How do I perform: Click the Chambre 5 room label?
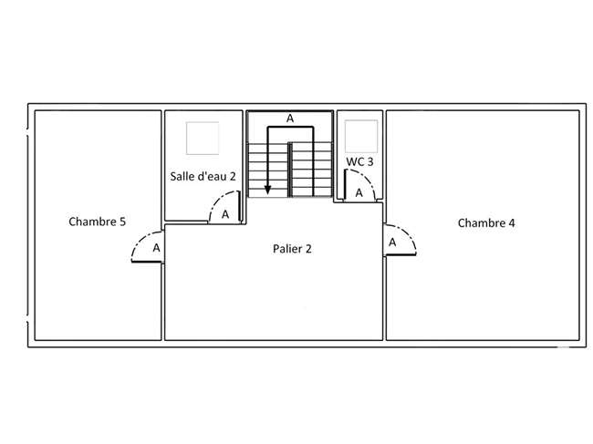tap(98, 222)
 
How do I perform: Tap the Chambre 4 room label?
tap(486, 223)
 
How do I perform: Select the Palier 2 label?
tap(292, 249)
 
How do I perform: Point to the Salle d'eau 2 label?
tap(203, 177)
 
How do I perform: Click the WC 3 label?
tap(359, 161)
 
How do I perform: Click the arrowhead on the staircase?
tap(267, 190)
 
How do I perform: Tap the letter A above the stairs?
tap(290, 119)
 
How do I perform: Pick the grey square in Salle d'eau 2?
tap(203, 138)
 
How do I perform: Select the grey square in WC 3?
tap(361, 136)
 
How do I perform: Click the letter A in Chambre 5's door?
tap(156, 248)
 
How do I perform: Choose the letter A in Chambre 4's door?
tap(392, 243)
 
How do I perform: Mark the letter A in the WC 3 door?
tap(359, 193)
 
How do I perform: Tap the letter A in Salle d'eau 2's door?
tap(225, 214)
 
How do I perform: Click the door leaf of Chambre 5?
tap(147, 262)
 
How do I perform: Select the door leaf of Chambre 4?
tap(401, 255)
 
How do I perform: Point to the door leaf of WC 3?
tap(345, 185)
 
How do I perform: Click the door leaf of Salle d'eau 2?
tap(239, 206)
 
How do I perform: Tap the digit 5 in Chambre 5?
tap(122, 222)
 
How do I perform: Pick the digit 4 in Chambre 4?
tap(512, 223)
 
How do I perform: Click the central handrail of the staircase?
tap(290, 170)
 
